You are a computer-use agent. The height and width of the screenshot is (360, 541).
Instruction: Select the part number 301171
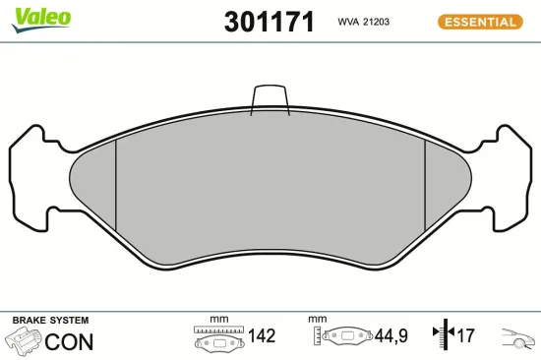(269, 22)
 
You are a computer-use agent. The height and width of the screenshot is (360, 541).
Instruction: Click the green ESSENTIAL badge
(479, 22)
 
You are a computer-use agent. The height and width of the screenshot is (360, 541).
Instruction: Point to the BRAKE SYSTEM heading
(49, 321)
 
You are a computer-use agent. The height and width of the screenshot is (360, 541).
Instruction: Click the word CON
(70, 341)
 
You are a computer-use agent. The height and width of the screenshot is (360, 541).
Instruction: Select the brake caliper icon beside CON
(24, 341)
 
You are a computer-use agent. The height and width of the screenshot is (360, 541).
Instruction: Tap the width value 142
(261, 336)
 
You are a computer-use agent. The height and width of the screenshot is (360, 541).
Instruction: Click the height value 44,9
(391, 336)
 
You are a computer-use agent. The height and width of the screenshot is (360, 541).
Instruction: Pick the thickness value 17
(465, 336)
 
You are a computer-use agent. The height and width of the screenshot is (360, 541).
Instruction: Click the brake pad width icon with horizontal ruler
(217, 338)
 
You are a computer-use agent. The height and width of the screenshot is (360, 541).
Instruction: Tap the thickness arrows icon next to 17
(442, 336)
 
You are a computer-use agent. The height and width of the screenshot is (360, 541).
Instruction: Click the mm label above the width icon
(218, 320)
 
